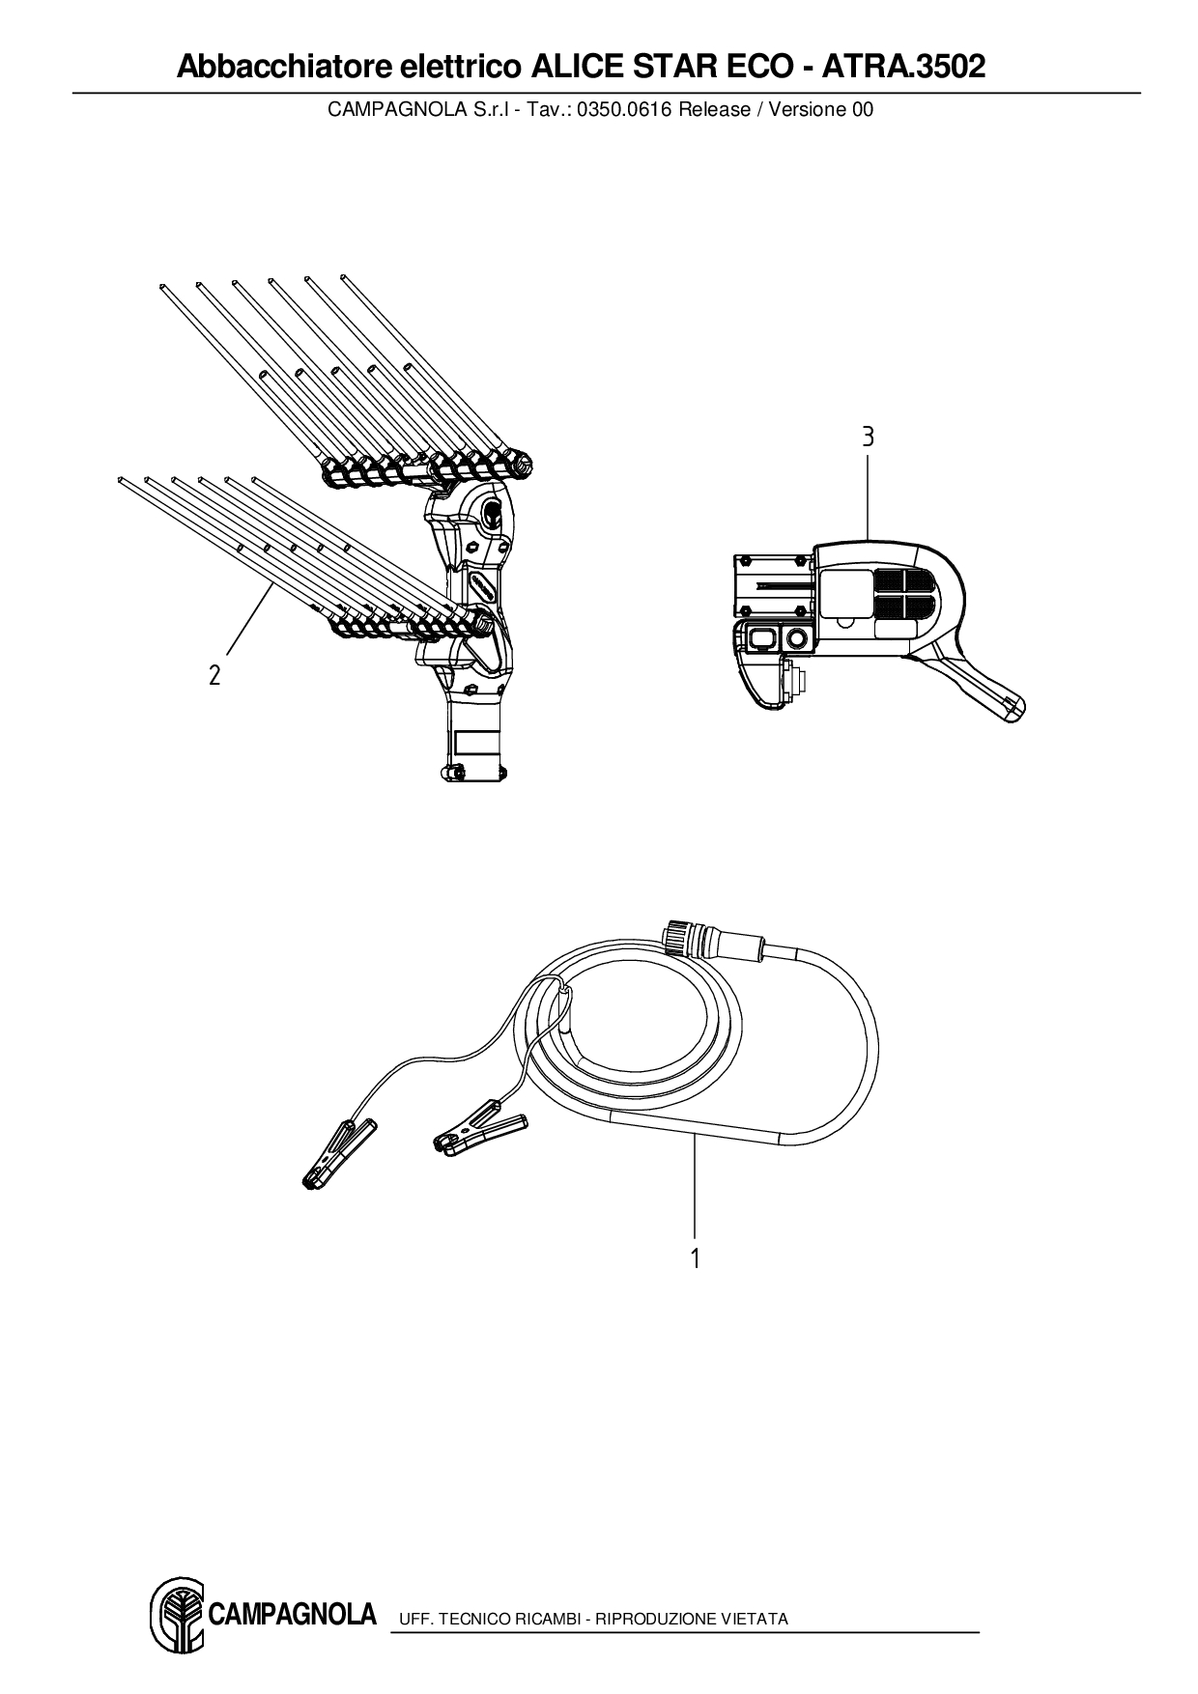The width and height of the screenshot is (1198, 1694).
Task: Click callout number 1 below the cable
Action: [x=695, y=1257]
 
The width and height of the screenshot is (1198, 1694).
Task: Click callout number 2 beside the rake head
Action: [x=214, y=675]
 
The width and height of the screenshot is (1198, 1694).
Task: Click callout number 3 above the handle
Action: [x=868, y=437]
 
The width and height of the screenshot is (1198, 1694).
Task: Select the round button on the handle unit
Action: [x=797, y=638]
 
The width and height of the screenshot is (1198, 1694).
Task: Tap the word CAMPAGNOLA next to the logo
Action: [x=293, y=1614]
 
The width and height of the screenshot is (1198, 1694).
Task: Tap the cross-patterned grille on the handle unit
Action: [x=903, y=593]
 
